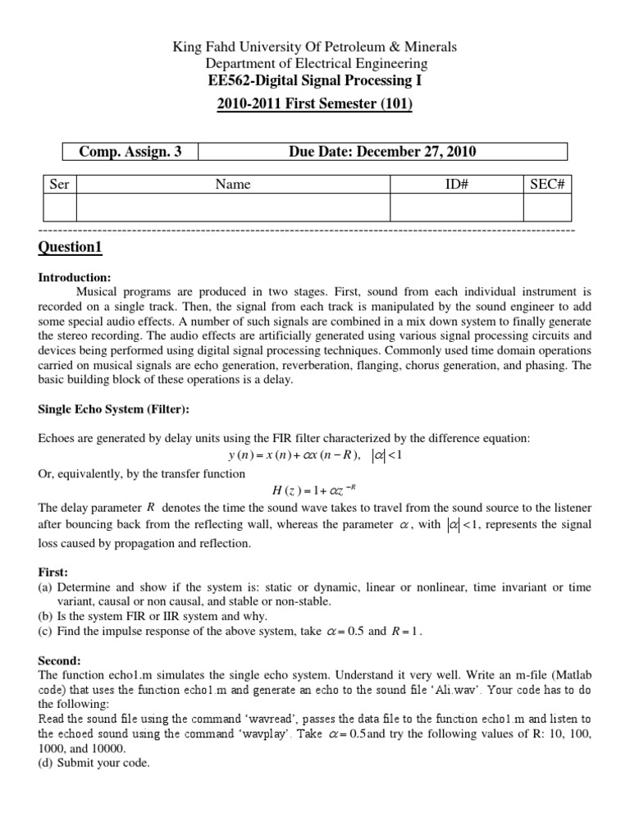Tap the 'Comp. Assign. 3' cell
point(129,151)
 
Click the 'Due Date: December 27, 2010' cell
point(382,151)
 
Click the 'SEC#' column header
point(546,185)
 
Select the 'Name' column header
point(233,185)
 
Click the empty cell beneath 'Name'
point(233,208)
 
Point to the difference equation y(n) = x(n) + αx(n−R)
point(316,456)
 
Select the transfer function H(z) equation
point(315,491)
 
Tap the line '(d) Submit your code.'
point(94,763)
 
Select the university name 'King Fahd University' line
point(316,47)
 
